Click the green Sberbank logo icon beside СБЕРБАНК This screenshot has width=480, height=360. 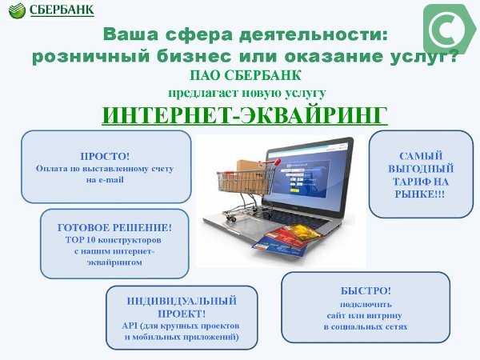pyautogui.click(x=17, y=10)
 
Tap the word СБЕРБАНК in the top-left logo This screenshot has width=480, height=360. pyautogui.click(x=62, y=10)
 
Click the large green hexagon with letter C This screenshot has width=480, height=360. pyautogui.click(x=450, y=29)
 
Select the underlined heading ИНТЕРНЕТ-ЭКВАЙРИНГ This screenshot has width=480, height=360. pyautogui.click(x=245, y=115)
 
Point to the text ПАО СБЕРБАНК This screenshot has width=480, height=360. pyautogui.click(x=246, y=75)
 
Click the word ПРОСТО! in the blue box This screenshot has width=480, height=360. pyautogui.click(x=105, y=156)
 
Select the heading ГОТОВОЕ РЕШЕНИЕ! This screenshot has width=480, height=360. pyautogui.click(x=114, y=228)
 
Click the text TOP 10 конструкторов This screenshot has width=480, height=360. pyautogui.click(x=114, y=240)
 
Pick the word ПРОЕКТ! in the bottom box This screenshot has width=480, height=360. pyautogui.click(x=182, y=314)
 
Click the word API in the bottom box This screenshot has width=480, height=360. pyautogui.click(x=130, y=326)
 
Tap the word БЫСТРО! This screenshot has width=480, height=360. pyautogui.click(x=366, y=290)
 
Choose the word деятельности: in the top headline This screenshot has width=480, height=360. pyautogui.click(x=314, y=34)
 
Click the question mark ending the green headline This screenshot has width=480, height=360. pyautogui.click(x=452, y=56)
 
